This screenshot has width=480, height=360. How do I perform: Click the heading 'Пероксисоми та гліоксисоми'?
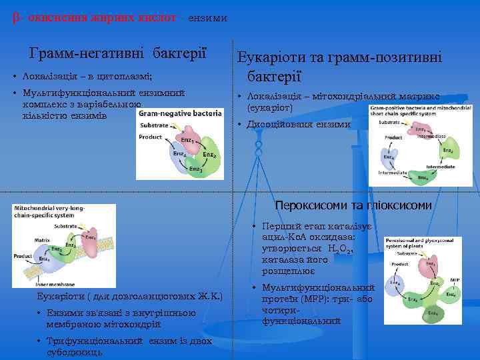pyautogui.click(x=353, y=205)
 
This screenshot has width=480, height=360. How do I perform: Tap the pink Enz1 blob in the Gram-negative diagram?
pyautogui.click(x=190, y=142)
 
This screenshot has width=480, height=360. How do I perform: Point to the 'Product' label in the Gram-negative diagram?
pyautogui.click(x=150, y=137)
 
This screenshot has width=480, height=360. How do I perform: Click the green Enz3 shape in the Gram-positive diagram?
pyautogui.click(x=423, y=177)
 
